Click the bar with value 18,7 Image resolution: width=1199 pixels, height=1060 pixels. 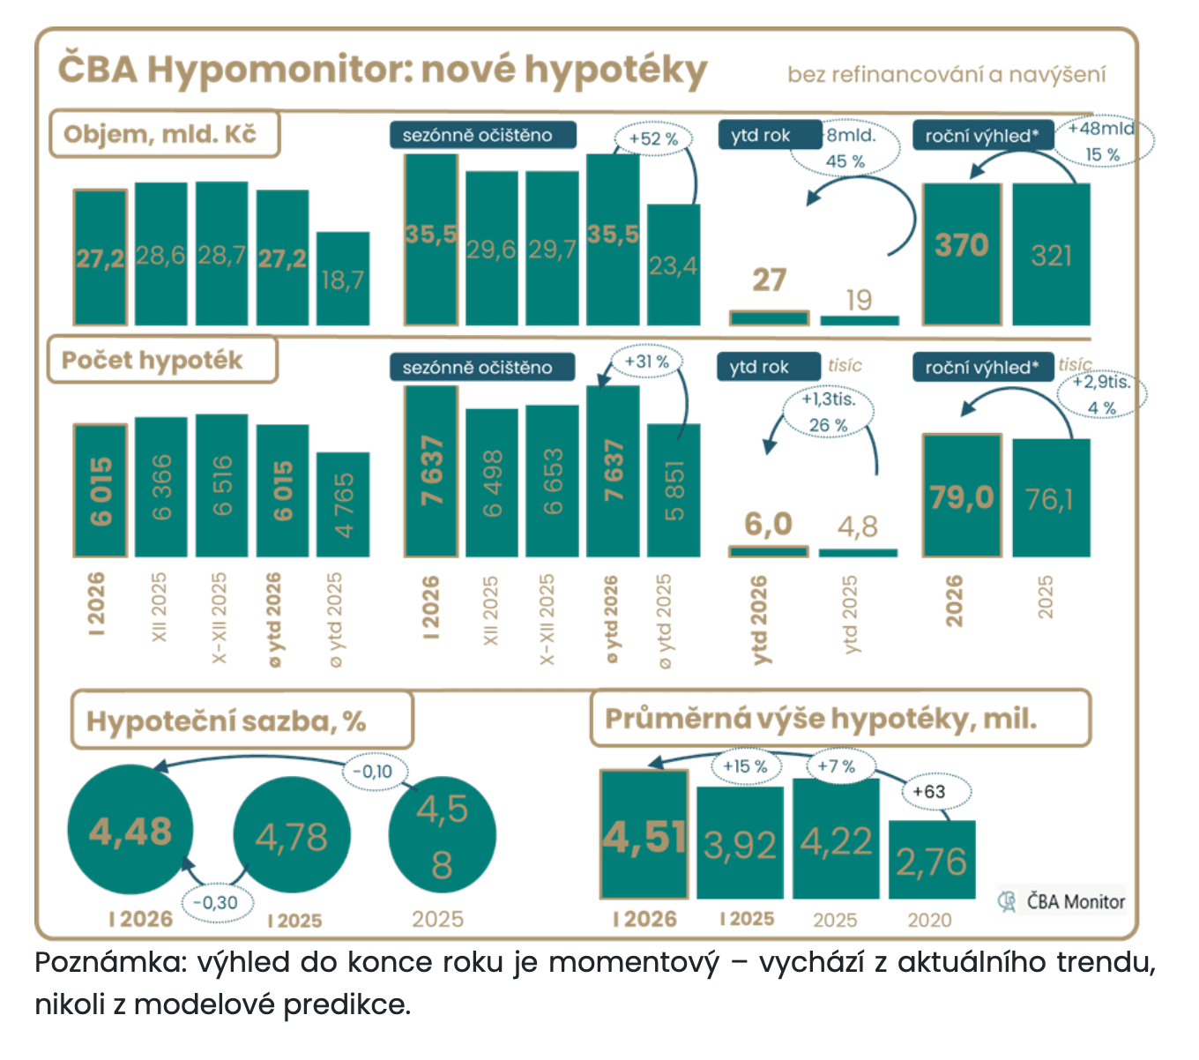343,279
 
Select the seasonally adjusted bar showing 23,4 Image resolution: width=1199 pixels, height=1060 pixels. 674,265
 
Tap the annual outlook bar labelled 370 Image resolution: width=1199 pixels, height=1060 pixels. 962,254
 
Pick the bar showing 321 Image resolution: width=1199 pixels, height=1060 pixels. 1051,254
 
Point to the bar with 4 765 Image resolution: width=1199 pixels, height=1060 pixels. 343,504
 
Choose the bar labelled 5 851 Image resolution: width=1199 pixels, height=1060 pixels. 674,490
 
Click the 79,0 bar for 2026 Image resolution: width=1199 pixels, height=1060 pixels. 962,496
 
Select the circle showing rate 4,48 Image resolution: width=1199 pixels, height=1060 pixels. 130,831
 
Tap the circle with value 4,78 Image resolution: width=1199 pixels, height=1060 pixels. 292,835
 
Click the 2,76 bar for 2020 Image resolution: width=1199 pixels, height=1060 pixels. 932,860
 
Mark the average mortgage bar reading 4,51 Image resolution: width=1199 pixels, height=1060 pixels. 644,834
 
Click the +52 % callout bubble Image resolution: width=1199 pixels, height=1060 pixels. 653,138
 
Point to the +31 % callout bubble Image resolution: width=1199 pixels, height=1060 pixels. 646,362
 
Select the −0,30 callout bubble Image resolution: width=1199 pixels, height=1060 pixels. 217,903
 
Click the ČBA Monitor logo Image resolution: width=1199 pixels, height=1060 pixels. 1062,901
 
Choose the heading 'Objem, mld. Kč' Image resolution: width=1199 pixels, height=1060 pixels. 162,134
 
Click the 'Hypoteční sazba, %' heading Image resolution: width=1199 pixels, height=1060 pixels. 227,721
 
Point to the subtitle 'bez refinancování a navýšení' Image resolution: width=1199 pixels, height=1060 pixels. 946,74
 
